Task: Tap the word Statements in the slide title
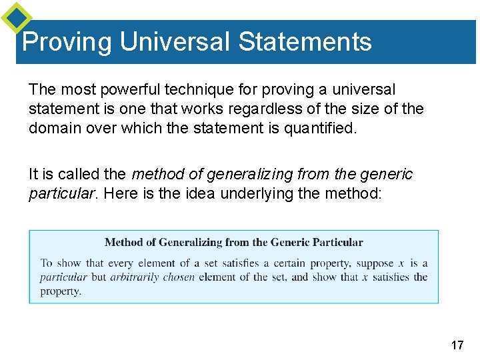[x=305, y=42]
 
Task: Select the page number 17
[x=457, y=345]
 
